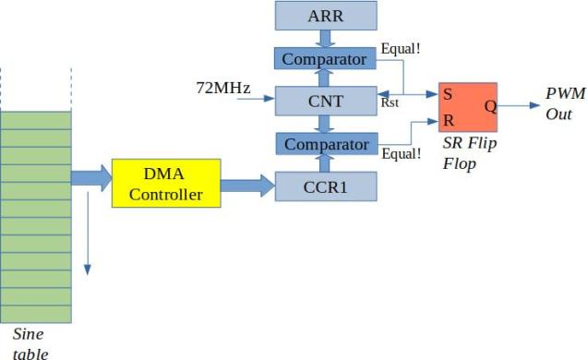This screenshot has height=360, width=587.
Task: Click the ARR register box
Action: click(326, 16)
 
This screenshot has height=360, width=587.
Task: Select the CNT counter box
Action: click(326, 101)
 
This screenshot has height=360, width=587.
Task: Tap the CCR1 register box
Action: click(326, 186)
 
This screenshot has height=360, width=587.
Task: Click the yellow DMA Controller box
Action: click(166, 183)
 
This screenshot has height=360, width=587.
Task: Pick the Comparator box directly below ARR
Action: click(326, 58)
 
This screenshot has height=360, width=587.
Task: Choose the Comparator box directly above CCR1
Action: click(326, 144)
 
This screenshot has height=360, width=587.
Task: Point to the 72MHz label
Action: click(222, 89)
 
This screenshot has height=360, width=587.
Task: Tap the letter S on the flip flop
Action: click(448, 94)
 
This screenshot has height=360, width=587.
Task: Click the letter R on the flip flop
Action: click(448, 121)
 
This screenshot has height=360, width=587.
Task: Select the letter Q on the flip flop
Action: click(490, 106)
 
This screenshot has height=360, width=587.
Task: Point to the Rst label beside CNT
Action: click(389, 103)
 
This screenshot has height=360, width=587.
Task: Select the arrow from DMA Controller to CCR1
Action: click(248, 186)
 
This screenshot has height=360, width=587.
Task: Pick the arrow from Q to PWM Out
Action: click(522, 106)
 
